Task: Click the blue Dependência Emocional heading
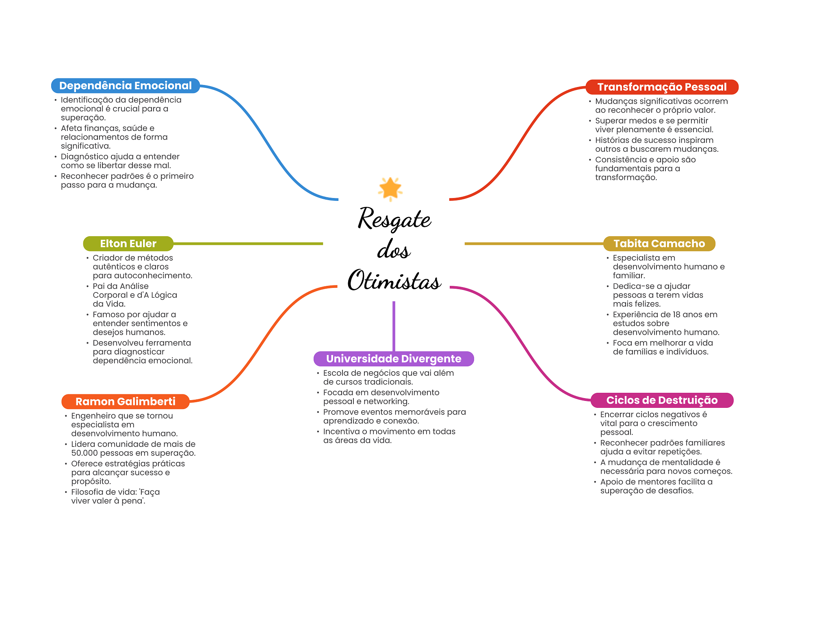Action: [126, 86]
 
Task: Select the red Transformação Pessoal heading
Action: [662, 87]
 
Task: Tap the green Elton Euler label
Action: [128, 244]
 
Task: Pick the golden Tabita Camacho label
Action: [659, 244]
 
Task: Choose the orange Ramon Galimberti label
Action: [126, 402]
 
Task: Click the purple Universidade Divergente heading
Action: [394, 359]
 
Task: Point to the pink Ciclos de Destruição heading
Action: [662, 400]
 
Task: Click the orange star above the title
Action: [390, 189]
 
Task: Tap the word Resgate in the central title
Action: [394, 219]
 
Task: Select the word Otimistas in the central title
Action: [394, 280]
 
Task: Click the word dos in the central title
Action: [394, 249]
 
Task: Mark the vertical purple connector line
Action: [394, 326]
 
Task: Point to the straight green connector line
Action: [248, 244]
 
